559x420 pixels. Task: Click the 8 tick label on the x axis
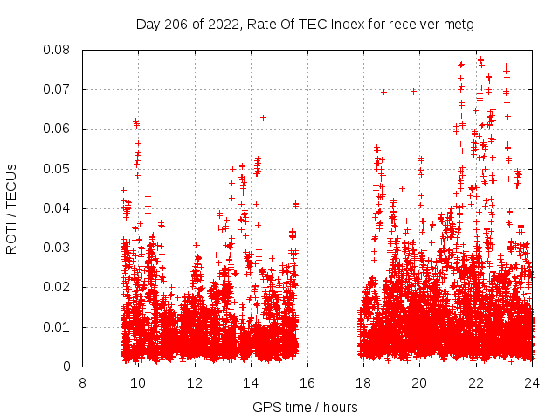coord(82,382)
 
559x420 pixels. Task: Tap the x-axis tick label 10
coord(138,382)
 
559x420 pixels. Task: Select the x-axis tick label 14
coord(251,382)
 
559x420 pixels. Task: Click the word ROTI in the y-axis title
coord(11,236)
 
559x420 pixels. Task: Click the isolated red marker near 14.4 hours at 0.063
coord(263,117)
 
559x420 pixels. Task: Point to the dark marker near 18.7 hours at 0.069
coord(383,92)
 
